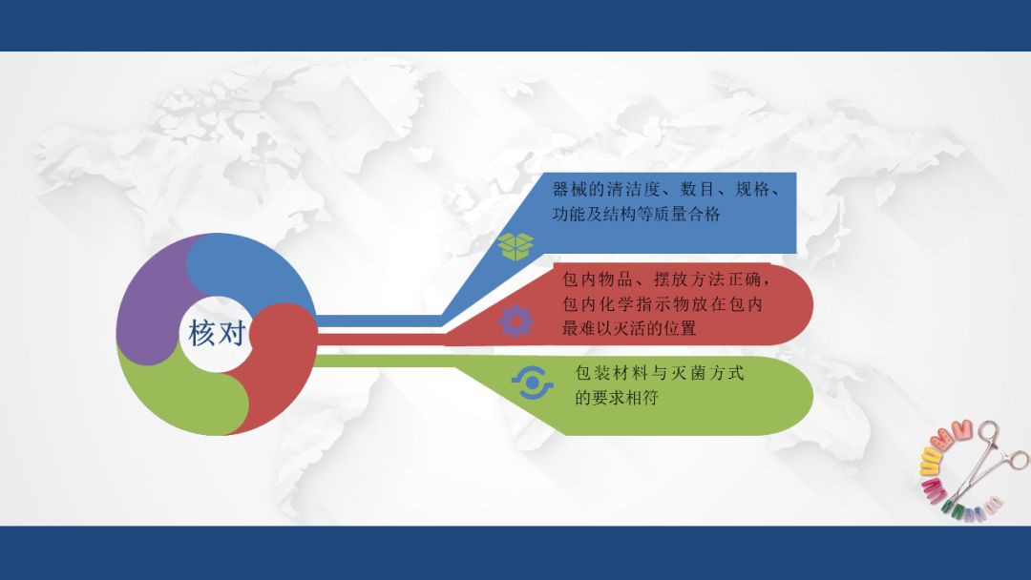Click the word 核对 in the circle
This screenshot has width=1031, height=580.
click(217, 333)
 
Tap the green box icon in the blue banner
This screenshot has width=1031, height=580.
click(516, 245)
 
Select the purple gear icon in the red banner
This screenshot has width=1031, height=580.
click(515, 321)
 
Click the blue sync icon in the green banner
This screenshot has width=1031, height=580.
click(532, 383)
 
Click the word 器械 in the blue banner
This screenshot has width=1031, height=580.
click(570, 189)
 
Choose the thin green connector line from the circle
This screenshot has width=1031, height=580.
click(382, 360)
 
